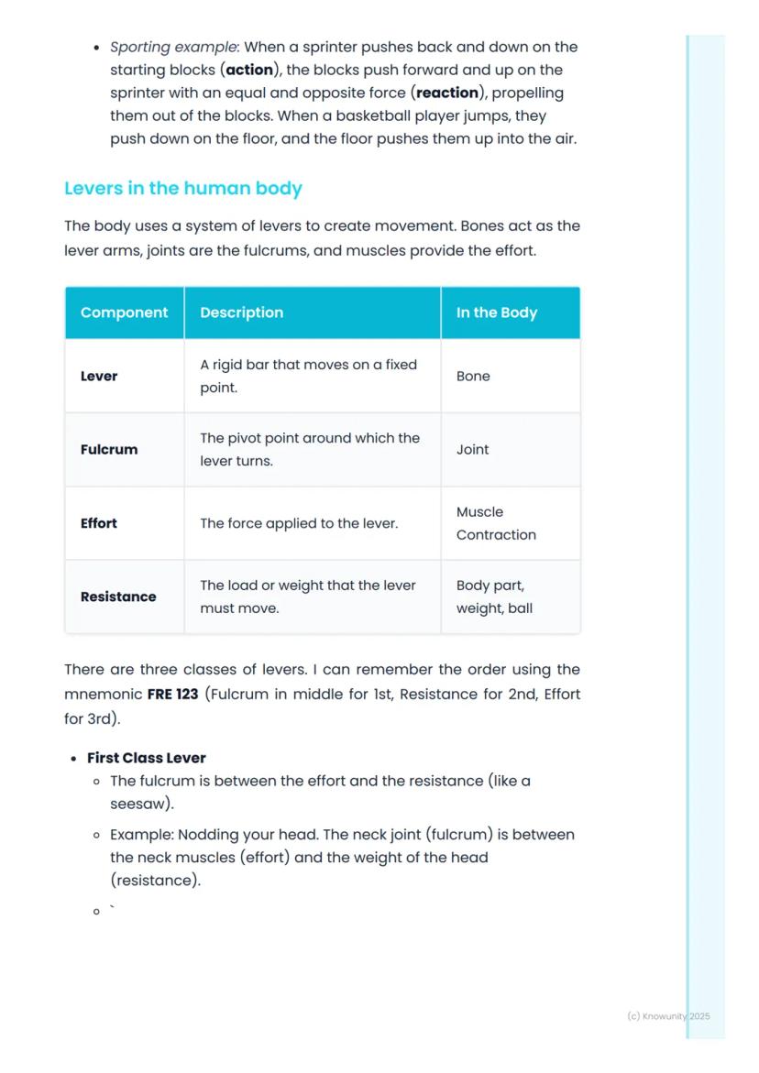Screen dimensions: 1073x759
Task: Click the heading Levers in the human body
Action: coord(182,189)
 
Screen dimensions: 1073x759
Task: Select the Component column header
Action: coord(124,312)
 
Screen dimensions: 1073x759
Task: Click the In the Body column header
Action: coord(496,312)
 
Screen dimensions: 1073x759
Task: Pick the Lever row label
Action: coord(99,377)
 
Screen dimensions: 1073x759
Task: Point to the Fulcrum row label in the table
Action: coord(109,450)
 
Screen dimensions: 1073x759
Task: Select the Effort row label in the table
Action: coord(99,523)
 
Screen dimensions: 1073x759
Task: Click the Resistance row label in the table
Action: coord(118,597)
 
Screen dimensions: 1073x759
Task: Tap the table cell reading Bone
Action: coord(473,377)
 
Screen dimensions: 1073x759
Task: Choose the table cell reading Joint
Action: coord(472,450)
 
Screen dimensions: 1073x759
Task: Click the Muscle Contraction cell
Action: coord(496,523)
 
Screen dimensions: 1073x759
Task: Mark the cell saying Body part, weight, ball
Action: coord(494,597)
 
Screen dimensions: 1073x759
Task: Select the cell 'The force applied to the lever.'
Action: coord(299,523)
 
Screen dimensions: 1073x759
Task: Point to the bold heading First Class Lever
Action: coord(147,758)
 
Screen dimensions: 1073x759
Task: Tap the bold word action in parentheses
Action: coord(249,70)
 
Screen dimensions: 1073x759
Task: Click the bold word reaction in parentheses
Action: coord(447,93)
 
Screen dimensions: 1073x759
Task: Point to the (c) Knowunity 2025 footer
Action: coord(668,1016)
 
